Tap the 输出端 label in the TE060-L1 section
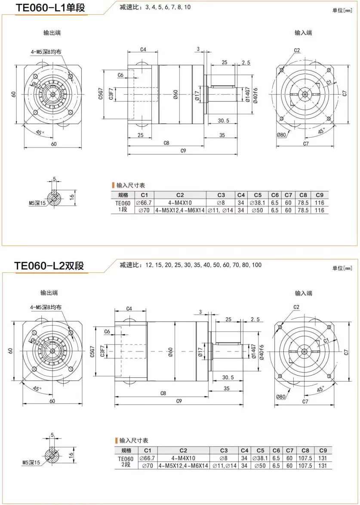click(x=51, y=33)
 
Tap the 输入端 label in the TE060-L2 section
click(x=303, y=293)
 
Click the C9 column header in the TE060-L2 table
click(x=323, y=450)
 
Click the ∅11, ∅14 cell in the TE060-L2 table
click(x=225, y=465)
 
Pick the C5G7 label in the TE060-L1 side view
click(x=101, y=94)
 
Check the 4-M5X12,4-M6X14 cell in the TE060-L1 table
click(x=180, y=210)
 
